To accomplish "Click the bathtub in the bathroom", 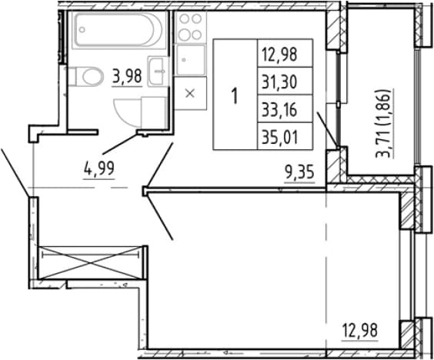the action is click(x=119, y=30).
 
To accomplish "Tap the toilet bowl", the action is click(x=92, y=76).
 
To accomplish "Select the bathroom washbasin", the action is click(x=158, y=72).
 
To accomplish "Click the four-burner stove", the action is click(x=190, y=27).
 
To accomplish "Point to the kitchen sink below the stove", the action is click(x=190, y=60).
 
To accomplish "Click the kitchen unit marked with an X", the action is click(x=190, y=94).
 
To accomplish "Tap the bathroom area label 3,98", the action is click(x=127, y=76).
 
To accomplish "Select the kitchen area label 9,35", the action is click(x=300, y=173).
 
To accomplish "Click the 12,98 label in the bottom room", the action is click(x=360, y=331).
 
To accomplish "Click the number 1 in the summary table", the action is click(x=235, y=96).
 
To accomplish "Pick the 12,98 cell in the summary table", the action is click(x=285, y=53).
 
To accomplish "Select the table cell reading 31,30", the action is click(x=285, y=81).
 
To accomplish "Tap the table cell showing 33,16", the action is click(x=285, y=108).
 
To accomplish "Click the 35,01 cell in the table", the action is click(x=285, y=136).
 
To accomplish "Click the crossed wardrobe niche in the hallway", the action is click(x=91, y=262).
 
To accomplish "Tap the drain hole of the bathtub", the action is click(x=82, y=29).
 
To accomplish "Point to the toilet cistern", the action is click(x=72, y=76).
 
